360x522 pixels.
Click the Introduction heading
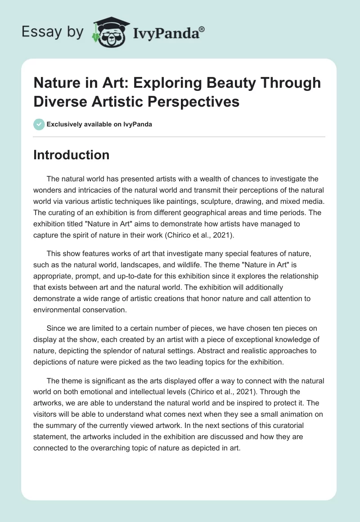click(x=72, y=155)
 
